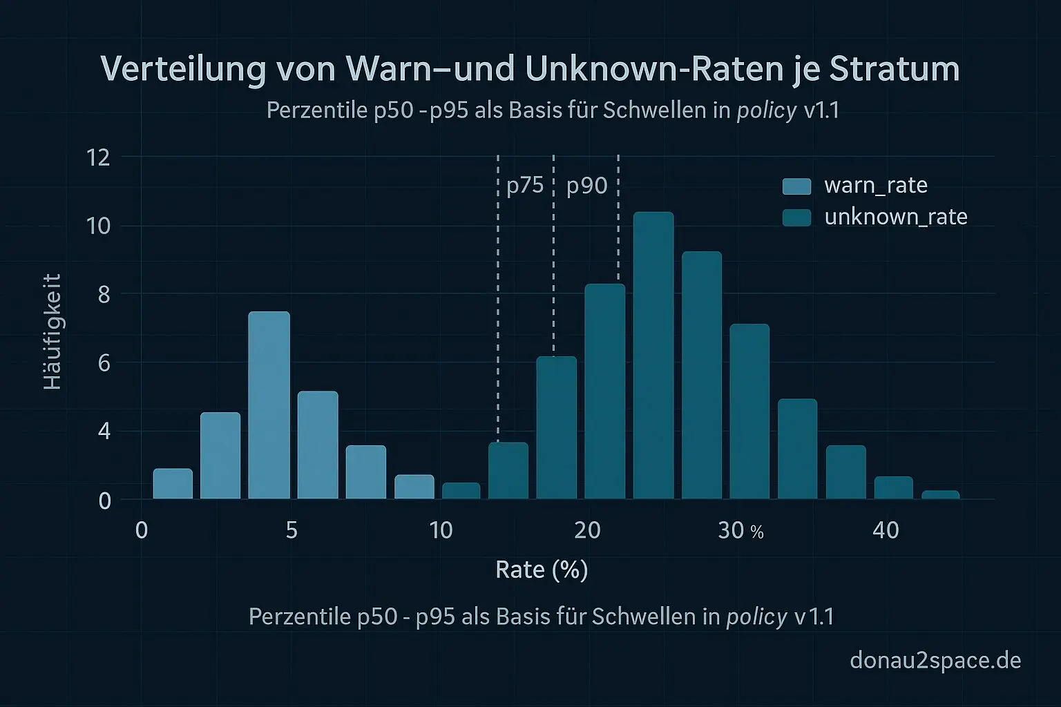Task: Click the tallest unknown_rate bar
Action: pyautogui.click(x=653, y=356)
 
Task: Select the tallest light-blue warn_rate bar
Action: pyautogui.click(x=269, y=405)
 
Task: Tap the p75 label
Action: pyautogui.click(x=525, y=186)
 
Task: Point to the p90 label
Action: pyautogui.click(x=586, y=186)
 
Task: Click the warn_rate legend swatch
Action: pyautogui.click(x=796, y=186)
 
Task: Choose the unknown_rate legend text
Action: pyautogui.click(x=896, y=217)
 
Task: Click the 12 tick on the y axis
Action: pyautogui.click(x=98, y=158)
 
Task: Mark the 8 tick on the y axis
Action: pyautogui.click(x=104, y=295)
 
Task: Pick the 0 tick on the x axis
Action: pyautogui.click(x=142, y=530)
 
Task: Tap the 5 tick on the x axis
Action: pyautogui.click(x=291, y=530)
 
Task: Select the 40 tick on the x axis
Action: pyautogui.click(x=886, y=530)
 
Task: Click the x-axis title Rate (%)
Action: pyautogui.click(x=542, y=570)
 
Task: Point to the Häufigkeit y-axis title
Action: pyautogui.click(x=52, y=332)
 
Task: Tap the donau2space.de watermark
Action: pyautogui.click(x=935, y=661)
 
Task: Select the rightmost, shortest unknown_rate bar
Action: pyautogui.click(x=940, y=494)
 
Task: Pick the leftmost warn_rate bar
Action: pyautogui.click(x=173, y=483)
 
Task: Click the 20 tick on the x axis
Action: pyautogui.click(x=587, y=530)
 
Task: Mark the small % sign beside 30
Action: pyautogui.click(x=757, y=532)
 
